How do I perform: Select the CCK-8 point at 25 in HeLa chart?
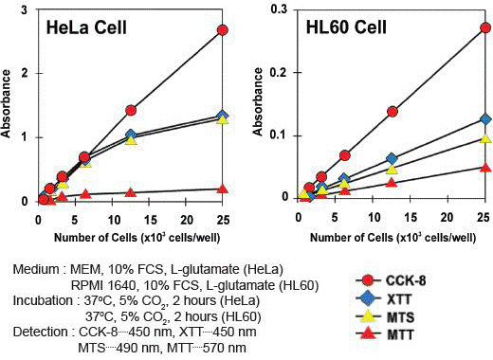point(223,29)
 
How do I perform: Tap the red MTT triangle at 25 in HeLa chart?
point(223,188)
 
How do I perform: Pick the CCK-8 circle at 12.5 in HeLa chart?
point(131,111)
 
